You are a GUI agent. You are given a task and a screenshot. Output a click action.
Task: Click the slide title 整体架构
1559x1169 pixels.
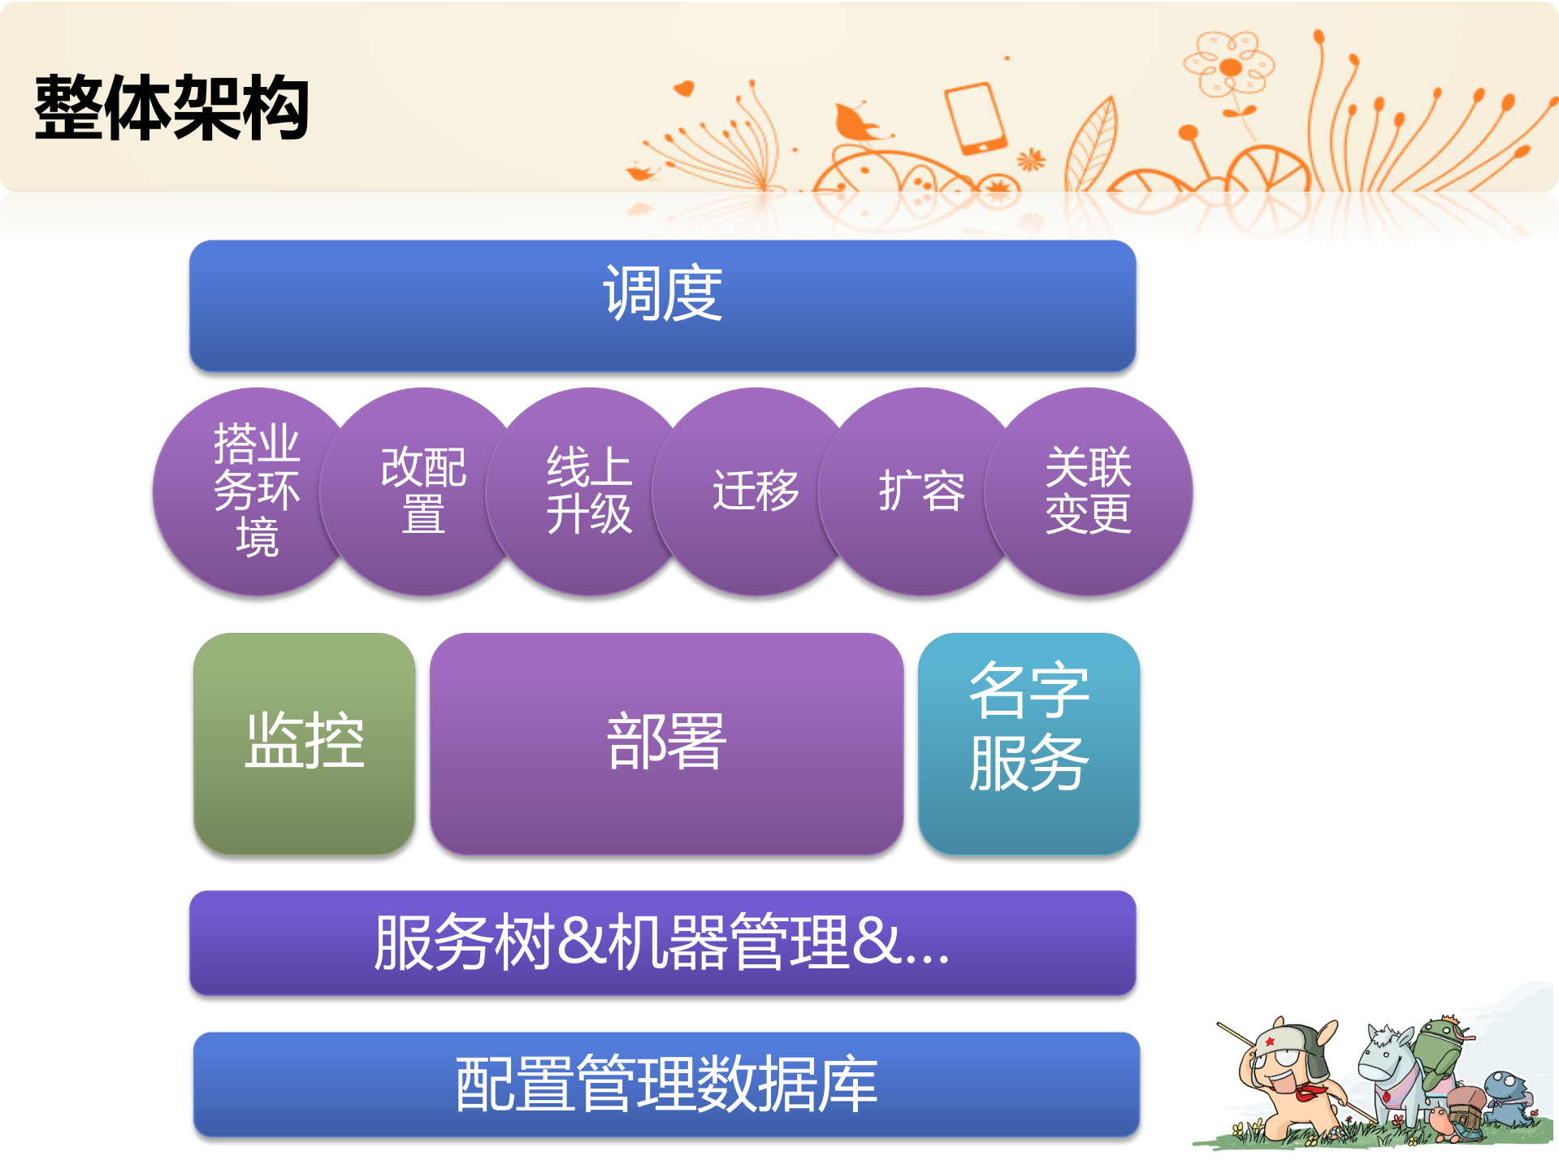click(x=171, y=108)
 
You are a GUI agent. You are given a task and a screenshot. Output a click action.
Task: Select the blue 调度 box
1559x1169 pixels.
click(x=662, y=306)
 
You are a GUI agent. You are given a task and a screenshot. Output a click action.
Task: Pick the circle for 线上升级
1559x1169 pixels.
click(x=588, y=491)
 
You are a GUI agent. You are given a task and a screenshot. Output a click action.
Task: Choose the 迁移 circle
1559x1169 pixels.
click(x=755, y=491)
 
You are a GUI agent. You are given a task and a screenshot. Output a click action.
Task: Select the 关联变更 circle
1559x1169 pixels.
click(x=1089, y=491)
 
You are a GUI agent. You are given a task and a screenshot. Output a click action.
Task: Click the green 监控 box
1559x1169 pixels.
click(x=304, y=743)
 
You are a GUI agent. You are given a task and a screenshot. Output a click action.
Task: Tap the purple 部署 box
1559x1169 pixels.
click(x=666, y=743)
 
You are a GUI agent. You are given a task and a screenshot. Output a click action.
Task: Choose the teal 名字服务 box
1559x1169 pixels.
click(x=1029, y=743)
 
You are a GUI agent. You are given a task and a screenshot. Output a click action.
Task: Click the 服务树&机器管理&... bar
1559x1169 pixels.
click(x=662, y=943)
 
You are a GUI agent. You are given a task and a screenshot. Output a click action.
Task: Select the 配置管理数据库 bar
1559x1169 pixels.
click(x=666, y=1085)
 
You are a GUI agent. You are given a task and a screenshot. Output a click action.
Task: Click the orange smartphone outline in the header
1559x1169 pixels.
click(x=976, y=119)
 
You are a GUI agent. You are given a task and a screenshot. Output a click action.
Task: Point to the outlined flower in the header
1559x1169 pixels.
click(x=1229, y=65)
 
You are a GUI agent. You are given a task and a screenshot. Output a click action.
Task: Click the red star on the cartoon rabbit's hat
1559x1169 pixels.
click(x=1270, y=1041)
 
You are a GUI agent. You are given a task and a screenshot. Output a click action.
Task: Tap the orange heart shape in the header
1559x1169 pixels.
click(x=684, y=88)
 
